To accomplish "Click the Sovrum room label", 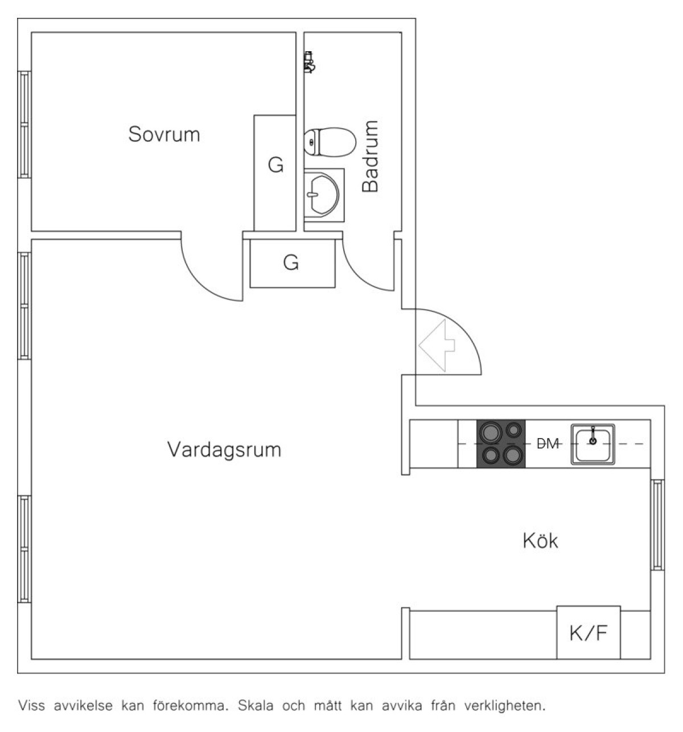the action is (164, 134).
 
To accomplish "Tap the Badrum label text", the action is (370, 156).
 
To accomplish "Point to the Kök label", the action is (540, 541).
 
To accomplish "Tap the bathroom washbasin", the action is (324, 195).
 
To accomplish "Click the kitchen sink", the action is (593, 444).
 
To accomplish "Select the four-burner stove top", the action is (501, 444).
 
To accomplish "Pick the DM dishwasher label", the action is (548, 444).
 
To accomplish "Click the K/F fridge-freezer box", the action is (589, 633).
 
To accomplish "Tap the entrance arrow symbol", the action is (437, 346).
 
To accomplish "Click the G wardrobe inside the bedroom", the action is (275, 173).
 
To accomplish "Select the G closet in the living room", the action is (293, 263).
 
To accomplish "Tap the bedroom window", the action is (24, 125).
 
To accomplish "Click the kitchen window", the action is (657, 524).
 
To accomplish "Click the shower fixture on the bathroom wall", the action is (309, 62).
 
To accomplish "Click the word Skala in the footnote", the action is (256, 705).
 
